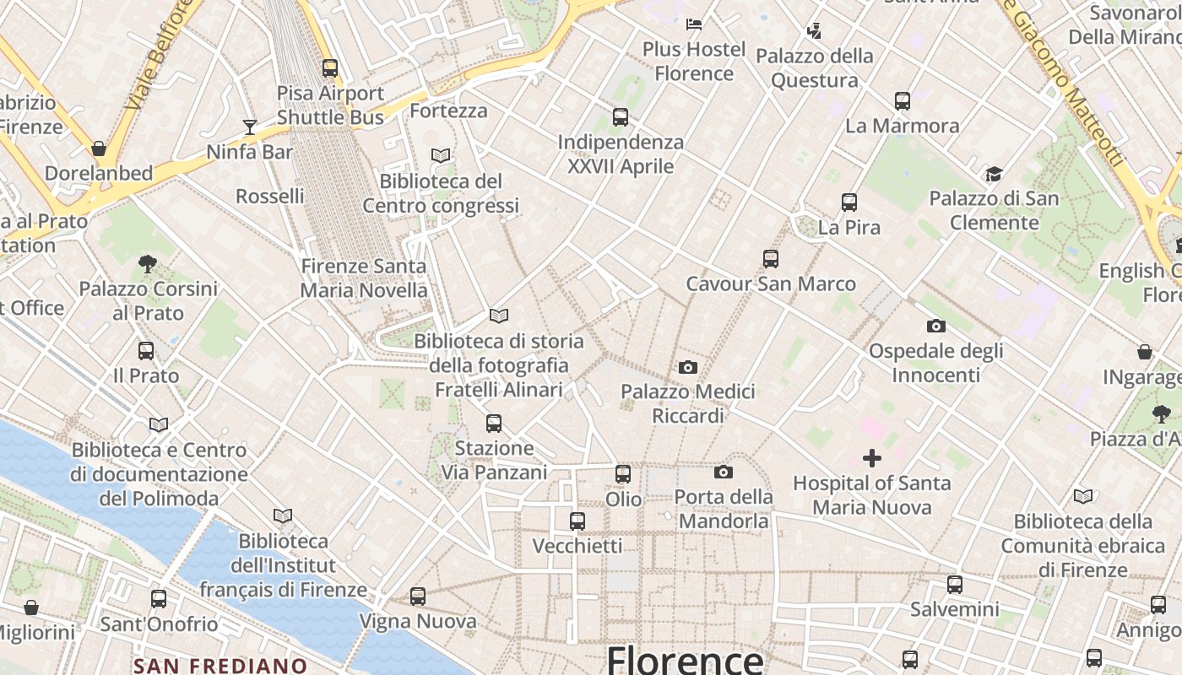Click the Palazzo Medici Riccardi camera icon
[x=688, y=367]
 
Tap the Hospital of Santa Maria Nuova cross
[x=872, y=458]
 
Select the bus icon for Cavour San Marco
[x=770, y=259]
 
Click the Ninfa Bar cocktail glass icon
[x=250, y=127]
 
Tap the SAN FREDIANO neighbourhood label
[x=220, y=665]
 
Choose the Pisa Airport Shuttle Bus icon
[x=330, y=68]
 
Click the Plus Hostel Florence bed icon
[x=694, y=24]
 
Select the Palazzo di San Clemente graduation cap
[x=994, y=175]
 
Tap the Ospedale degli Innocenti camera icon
[x=935, y=326]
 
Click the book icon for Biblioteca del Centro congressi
[x=441, y=155]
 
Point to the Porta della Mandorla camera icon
[x=724, y=472]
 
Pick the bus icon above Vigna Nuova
[x=418, y=597]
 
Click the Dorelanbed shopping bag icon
[x=99, y=148]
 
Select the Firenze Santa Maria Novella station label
[x=364, y=278]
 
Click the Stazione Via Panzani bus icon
[x=494, y=423]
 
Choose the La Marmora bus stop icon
[x=903, y=101]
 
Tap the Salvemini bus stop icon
[x=955, y=584]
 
